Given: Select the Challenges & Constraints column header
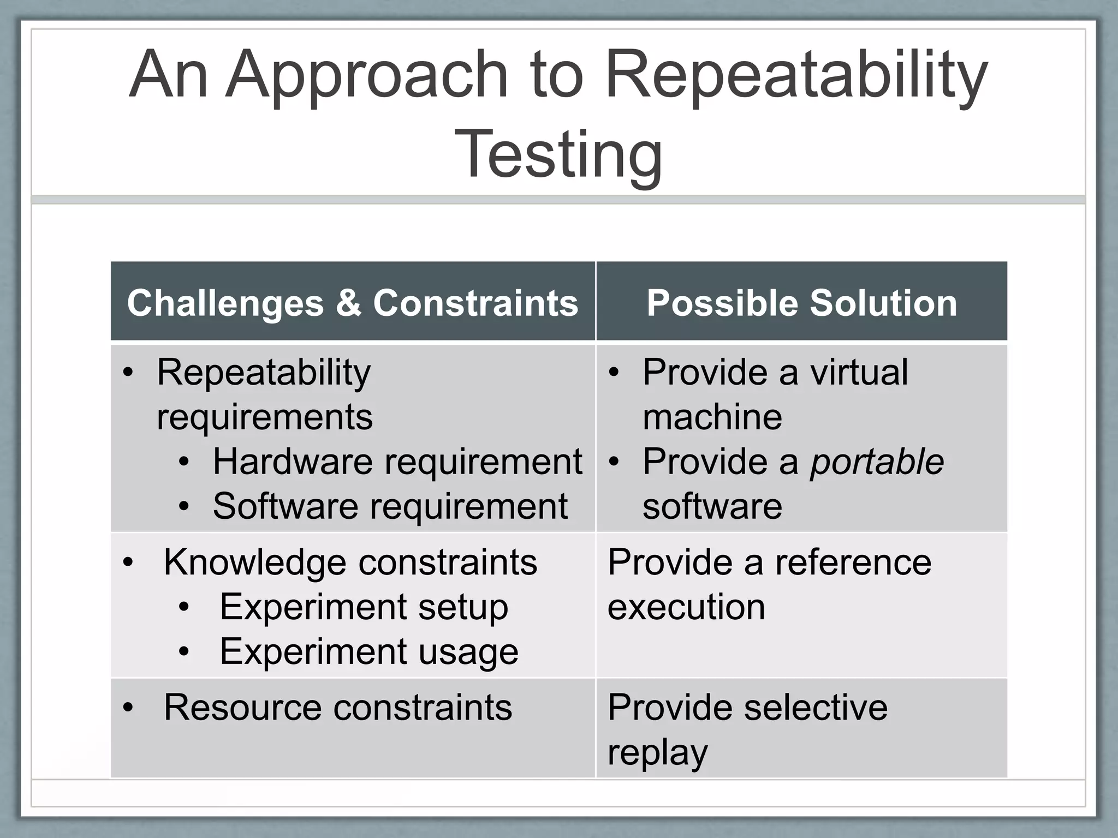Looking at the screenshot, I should click(x=352, y=303).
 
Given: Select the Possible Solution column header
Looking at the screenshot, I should click(x=801, y=303).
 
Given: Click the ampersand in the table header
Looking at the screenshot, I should click(x=348, y=303).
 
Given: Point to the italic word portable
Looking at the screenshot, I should click(x=876, y=462).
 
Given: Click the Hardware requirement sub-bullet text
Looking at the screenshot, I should click(x=397, y=462).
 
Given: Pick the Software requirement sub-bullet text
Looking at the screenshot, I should click(x=390, y=506).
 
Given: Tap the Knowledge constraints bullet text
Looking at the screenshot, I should click(x=350, y=562).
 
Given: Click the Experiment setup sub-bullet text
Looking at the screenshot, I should click(x=364, y=607).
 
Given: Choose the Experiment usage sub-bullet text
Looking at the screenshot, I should click(x=368, y=651).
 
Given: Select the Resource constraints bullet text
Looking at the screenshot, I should click(x=337, y=707).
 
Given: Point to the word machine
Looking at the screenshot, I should click(x=712, y=417).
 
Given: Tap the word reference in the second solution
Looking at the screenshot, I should click(x=853, y=562).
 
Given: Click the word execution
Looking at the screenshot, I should click(x=686, y=607).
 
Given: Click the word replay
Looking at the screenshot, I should click(x=657, y=753).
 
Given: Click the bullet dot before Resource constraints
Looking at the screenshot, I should click(x=128, y=708).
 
